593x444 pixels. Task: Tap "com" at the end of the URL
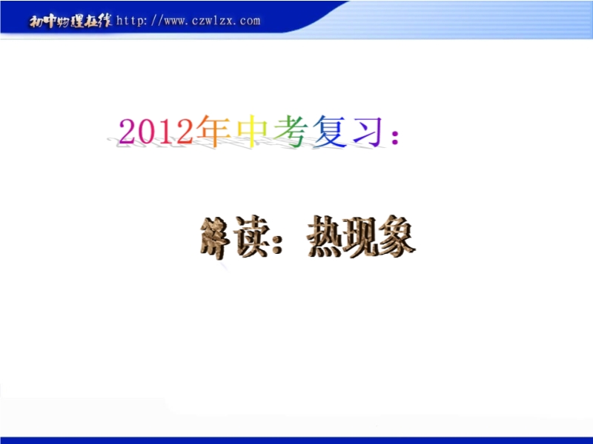coord(250,21)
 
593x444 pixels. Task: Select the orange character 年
coord(213,131)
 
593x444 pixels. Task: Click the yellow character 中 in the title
coord(252,131)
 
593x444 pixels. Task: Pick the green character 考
coord(291,131)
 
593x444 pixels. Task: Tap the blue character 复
coord(329,131)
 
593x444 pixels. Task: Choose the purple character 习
coord(368,131)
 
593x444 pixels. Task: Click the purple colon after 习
coord(395,137)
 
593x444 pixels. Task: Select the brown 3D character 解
coord(215,238)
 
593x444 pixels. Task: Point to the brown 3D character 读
coord(251,237)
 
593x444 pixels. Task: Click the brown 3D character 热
coord(325,237)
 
